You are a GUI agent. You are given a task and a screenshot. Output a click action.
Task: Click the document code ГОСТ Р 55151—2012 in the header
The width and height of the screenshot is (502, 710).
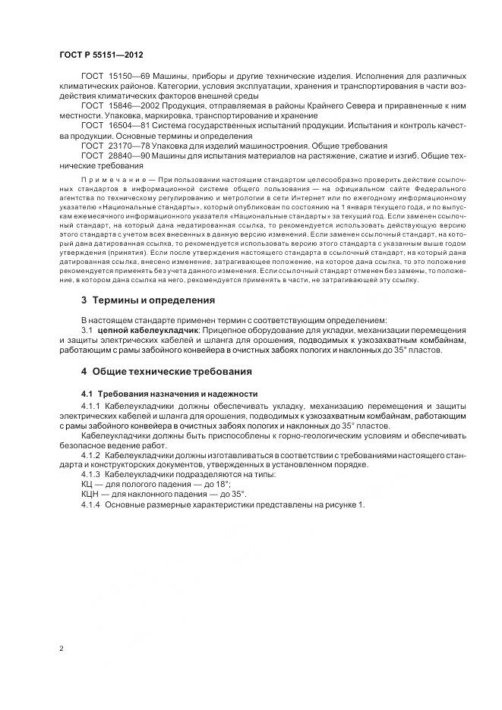(101, 56)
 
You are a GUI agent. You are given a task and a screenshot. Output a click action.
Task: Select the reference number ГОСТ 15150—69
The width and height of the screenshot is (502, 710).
(111, 77)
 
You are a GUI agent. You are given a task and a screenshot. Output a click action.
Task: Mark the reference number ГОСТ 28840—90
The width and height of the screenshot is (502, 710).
(111, 156)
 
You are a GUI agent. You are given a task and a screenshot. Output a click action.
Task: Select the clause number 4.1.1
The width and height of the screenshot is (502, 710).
(91, 407)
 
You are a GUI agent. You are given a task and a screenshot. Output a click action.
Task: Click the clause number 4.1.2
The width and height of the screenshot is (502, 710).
(91, 454)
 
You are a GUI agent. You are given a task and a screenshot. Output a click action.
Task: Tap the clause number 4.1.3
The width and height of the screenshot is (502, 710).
(91, 474)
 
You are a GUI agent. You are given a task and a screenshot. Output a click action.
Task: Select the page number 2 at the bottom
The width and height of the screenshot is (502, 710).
(61, 649)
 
